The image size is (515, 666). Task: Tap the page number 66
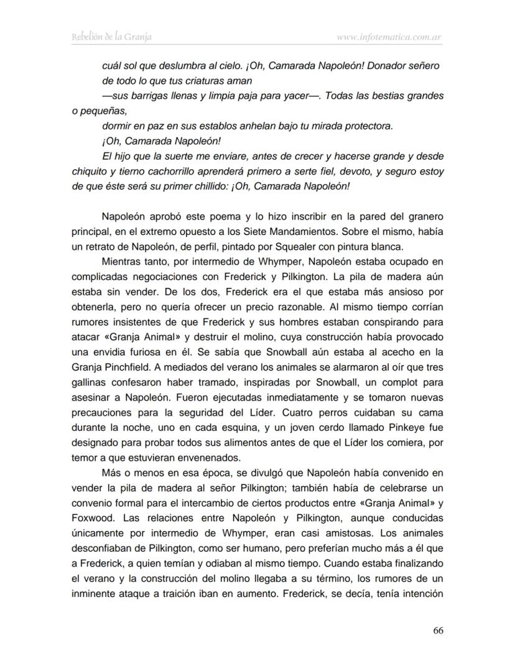coord(438,630)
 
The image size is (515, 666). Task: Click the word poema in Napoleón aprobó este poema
coord(226,218)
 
